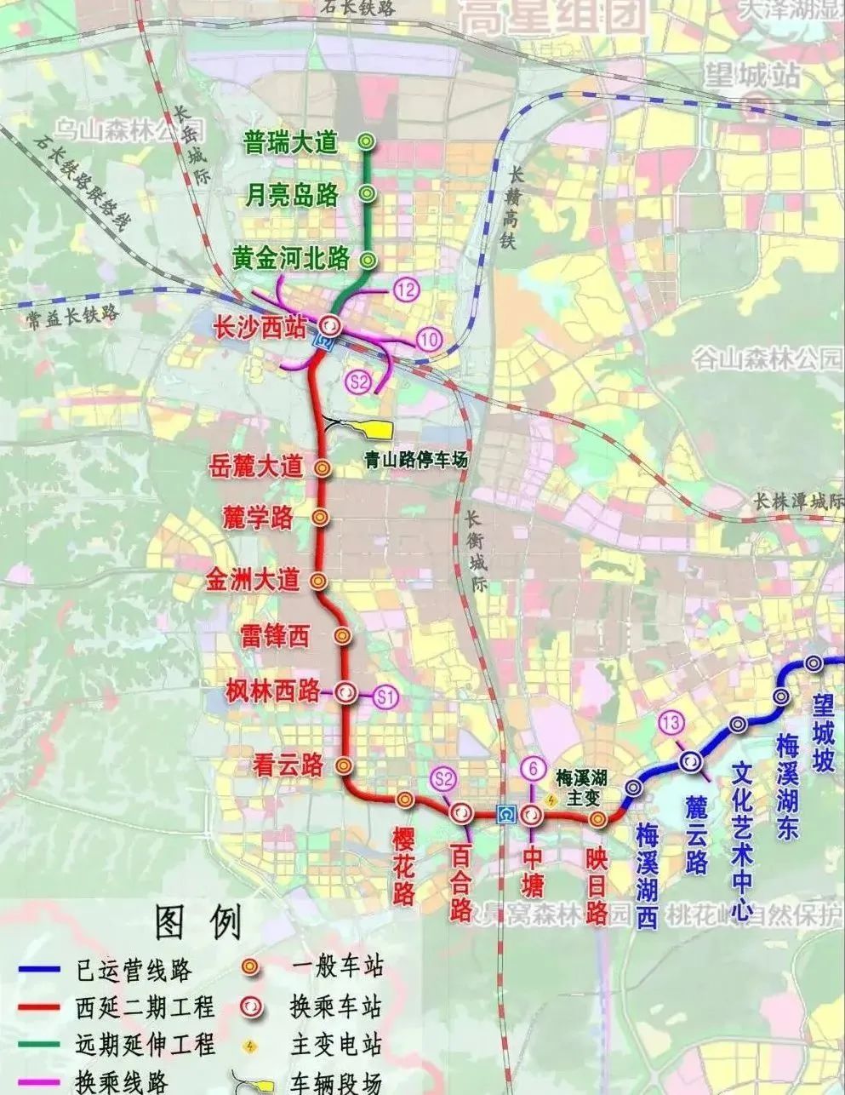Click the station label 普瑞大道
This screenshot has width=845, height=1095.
290,142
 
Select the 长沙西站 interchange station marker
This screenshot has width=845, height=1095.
330,324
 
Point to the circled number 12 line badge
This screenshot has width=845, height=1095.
407,290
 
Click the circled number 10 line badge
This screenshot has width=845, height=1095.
429,340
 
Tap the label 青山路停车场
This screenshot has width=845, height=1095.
416,460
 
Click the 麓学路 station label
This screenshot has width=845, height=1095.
258,517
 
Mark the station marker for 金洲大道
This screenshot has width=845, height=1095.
318,581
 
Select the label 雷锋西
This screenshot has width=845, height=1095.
275,635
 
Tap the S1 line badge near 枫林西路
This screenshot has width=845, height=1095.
386,697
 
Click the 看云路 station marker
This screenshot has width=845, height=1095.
343,765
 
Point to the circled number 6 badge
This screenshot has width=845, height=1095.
532,768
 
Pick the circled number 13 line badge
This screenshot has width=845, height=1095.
671,724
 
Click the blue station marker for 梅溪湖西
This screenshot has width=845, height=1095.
632,788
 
